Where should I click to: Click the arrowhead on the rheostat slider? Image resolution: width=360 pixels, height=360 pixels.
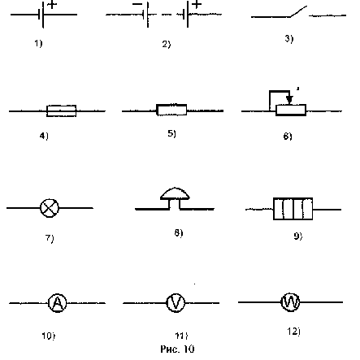point(289,99)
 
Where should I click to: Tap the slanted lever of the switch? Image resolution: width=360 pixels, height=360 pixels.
point(299,11)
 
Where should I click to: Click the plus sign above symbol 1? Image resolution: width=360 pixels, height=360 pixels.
point(52,5)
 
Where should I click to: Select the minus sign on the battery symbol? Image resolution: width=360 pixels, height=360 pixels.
point(137,4)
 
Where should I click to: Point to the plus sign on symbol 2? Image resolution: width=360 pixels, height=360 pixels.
point(197,4)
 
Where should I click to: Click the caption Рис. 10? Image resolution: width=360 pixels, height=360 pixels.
point(177,349)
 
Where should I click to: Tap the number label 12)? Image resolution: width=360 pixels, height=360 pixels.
point(293,332)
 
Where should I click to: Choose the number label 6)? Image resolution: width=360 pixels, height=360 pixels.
point(288,136)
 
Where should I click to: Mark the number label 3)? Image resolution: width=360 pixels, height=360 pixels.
point(289,39)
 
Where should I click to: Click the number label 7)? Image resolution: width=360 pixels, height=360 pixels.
point(50,238)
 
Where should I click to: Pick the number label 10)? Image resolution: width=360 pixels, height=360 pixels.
point(49,336)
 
